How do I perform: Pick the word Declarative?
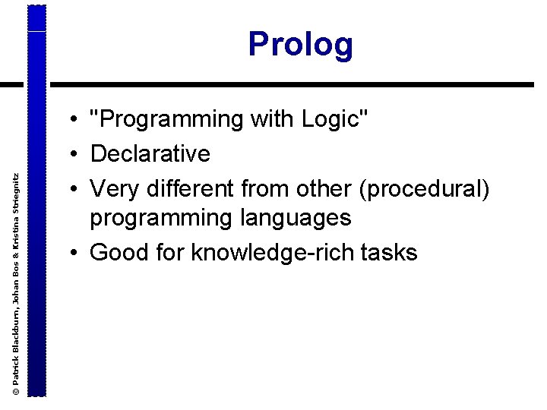[150, 154]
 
